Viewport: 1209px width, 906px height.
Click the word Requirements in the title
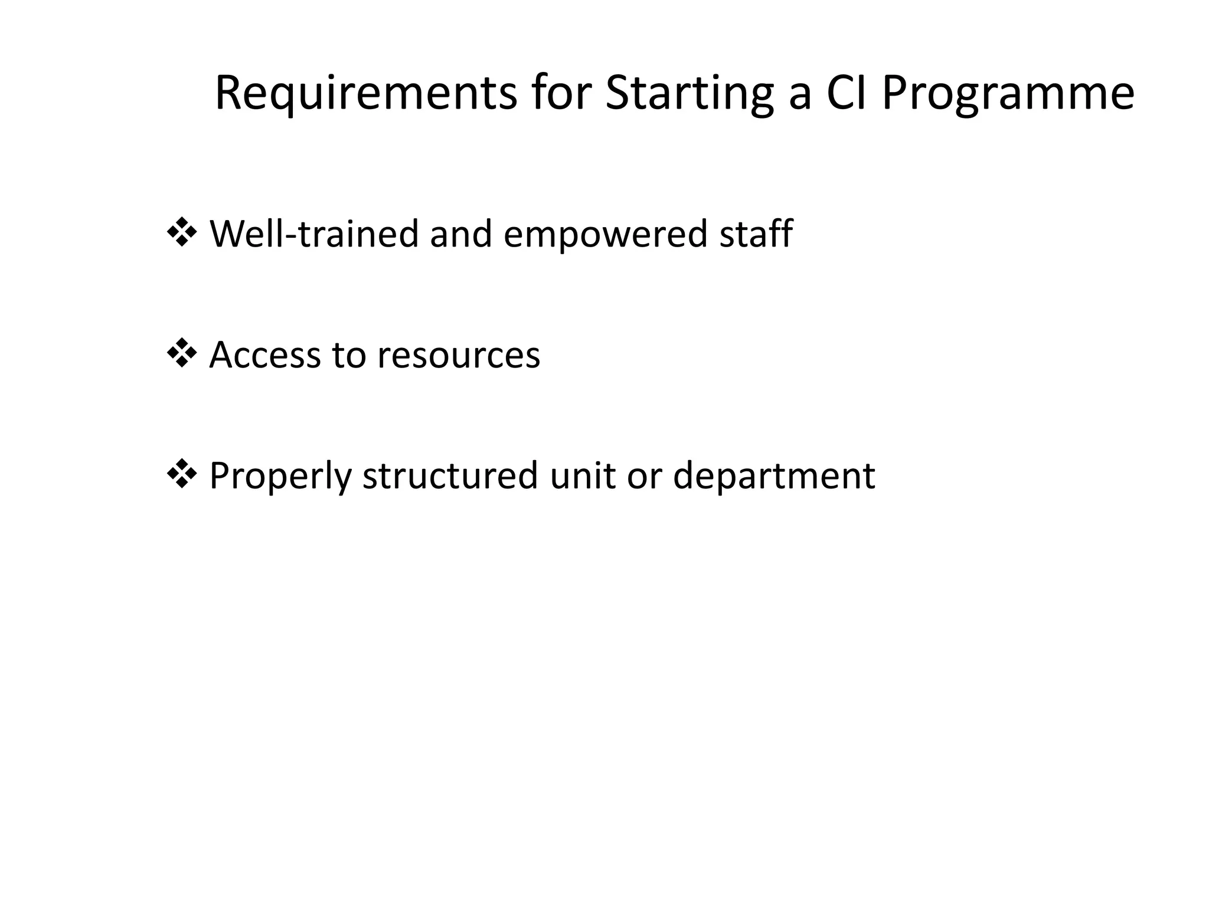click(x=365, y=93)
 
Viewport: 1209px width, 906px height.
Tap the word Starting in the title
click(x=689, y=93)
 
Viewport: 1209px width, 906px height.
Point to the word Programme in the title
click(x=1008, y=93)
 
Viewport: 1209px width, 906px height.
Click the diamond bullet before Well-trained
click(x=182, y=233)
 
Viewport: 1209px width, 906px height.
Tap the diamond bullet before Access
click(x=182, y=354)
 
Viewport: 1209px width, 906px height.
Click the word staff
click(x=756, y=234)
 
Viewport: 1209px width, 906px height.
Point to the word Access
click(x=264, y=355)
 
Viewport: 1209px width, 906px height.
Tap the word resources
click(x=458, y=355)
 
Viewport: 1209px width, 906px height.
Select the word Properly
click(x=280, y=475)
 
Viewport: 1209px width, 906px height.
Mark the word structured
click(x=450, y=475)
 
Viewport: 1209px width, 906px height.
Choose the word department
click(x=773, y=475)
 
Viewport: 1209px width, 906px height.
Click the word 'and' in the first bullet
click(x=460, y=234)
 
